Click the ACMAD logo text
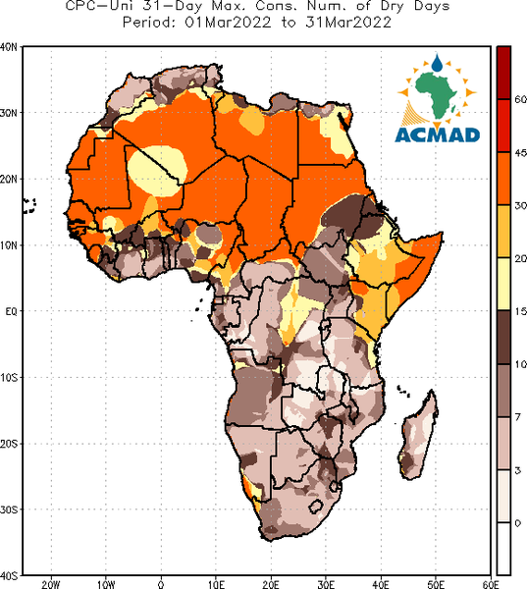pyautogui.click(x=438, y=134)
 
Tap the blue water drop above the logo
pyautogui.click(x=437, y=63)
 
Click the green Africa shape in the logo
pyautogui.click(x=436, y=94)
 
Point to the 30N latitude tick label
pyautogui.click(x=8, y=113)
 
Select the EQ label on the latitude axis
pyautogui.click(x=11, y=311)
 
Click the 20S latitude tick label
pyautogui.click(x=8, y=444)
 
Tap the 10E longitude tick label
pyautogui.click(x=216, y=584)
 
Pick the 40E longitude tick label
pyautogui.click(x=381, y=584)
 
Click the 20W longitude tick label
pyautogui.click(x=51, y=584)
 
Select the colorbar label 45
pyautogui.click(x=520, y=153)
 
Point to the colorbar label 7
pyautogui.click(x=518, y=416)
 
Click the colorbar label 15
pyautogui.click(x=520, y=311)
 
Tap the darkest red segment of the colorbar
pyautogui.click(x=503, y=73)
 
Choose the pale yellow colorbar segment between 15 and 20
pyautogui.click(x=503, y=284)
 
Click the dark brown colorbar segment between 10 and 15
pyautogui.click(x=503, y=337)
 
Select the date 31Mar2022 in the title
pyautogui.click(x=348, y=23)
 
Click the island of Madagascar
pyautogui.click(x=418, y=435)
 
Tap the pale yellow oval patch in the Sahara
pyautogui.click(x=157, y=171)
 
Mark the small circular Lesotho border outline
pyautogui.click(x=316, y=506)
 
